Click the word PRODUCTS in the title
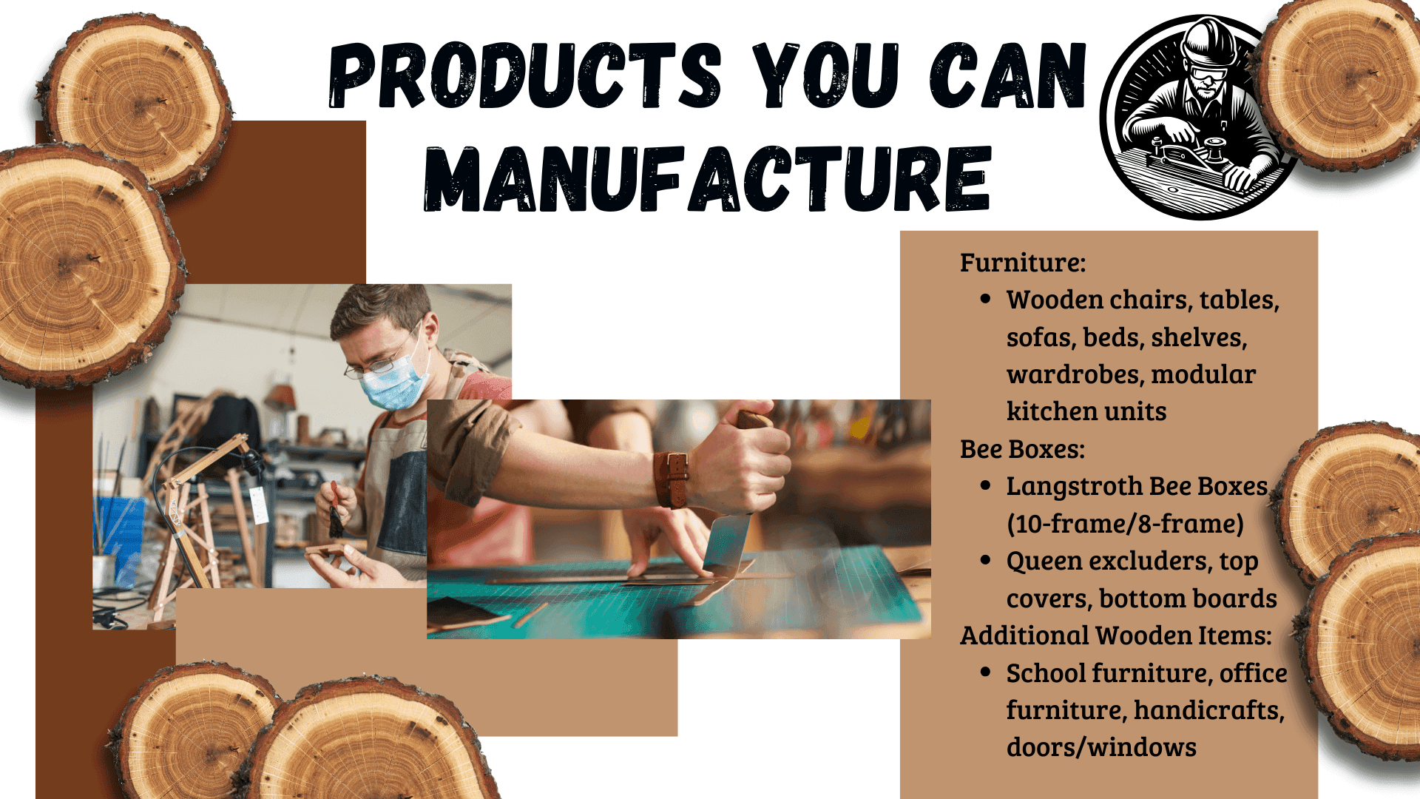524,75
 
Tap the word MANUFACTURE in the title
707,178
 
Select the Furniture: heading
1023,263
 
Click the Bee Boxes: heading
1022,449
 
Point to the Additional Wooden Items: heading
1116,636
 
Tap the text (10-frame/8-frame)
1125,524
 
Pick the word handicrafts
1208,710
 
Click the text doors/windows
1101,747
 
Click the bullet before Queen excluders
985,561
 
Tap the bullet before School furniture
985,672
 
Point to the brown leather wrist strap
672,479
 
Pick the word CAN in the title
1007,75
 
